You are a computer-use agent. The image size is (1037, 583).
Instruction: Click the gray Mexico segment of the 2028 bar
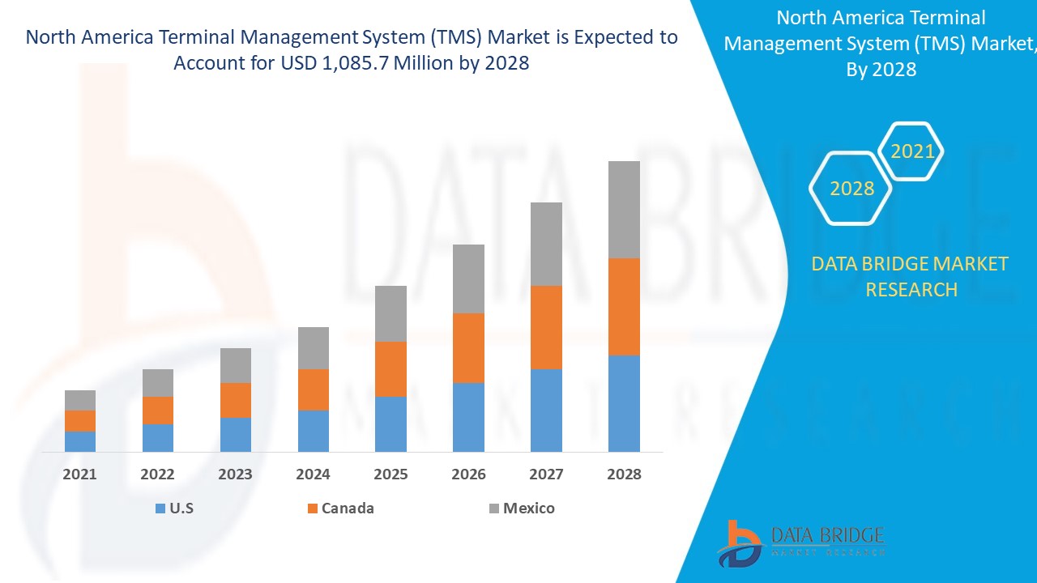pos(624,209)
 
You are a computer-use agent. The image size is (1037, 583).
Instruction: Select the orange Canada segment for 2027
pos(546,327)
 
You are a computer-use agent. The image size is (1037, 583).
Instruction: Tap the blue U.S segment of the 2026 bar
pos(468,417)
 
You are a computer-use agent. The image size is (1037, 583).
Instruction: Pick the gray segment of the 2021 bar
pos(80,400)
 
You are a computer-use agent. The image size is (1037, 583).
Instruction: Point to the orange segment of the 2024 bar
pos(314,389)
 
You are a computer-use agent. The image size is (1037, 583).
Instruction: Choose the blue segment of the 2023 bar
pos(236,435)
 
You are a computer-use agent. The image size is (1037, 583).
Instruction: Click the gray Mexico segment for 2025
pos(390,313)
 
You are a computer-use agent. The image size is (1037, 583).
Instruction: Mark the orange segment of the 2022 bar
pos(158,411)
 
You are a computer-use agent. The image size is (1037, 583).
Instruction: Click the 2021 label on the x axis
pos(80,474)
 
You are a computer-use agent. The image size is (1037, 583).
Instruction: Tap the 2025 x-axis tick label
pos(390,474)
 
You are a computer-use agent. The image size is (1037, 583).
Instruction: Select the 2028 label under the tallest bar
pos(624,474)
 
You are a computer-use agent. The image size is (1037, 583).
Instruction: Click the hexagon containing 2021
pos(912,151)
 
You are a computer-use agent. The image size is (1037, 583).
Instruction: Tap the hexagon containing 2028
pos(851,189)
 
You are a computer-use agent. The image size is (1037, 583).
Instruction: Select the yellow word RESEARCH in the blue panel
pos(911,289)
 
